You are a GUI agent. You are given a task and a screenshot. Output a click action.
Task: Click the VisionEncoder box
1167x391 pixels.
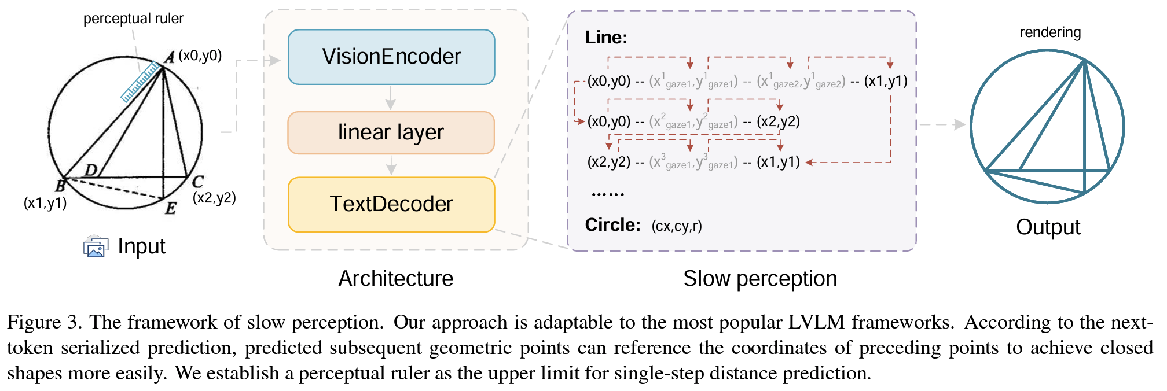391,57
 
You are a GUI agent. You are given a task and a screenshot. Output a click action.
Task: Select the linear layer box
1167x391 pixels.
391,132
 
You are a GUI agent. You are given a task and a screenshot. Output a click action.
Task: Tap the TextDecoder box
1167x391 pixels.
391,204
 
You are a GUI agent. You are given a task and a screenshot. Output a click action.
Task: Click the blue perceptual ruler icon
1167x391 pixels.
141,82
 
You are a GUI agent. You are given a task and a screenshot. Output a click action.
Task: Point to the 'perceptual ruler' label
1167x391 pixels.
133,19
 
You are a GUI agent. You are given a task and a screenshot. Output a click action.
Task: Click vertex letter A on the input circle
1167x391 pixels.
169,57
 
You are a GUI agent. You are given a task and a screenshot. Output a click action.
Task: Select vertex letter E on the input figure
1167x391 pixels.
170,208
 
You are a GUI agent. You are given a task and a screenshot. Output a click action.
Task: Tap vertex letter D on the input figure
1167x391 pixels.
91,169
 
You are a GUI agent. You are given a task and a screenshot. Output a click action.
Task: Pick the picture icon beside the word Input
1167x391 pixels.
96,246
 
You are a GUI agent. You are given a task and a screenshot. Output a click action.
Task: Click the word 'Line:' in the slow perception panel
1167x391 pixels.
606,38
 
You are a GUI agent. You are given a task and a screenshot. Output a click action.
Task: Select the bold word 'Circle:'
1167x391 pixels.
612,225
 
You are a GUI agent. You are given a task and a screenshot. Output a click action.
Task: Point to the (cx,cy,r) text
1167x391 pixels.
677,226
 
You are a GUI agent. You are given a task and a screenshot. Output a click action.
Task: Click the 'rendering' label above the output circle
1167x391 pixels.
1050,32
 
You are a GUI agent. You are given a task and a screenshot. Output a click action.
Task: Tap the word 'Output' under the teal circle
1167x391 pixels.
1048,227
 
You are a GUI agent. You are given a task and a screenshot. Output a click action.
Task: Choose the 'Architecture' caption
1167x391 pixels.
396,279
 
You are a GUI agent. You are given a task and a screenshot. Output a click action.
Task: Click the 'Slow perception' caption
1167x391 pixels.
760,279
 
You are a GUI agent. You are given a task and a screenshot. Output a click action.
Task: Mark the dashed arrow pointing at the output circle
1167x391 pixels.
943,124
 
